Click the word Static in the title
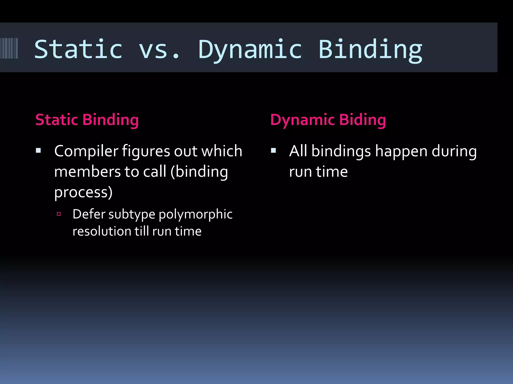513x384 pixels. pos(78,49)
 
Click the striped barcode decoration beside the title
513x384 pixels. pos(9,48)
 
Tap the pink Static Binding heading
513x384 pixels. pos(87,120)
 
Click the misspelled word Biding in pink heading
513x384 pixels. pos(362,120)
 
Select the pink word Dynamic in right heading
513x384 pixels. pos(302,120)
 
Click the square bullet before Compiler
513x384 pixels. pos(38,150)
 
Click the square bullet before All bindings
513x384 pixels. pos(273,150)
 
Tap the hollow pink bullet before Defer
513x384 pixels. pos(59,214)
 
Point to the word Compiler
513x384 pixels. pos(86,151)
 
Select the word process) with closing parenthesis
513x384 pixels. pos(83,192)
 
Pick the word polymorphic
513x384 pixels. pos(195,214)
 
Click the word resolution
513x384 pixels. pos(102,231)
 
